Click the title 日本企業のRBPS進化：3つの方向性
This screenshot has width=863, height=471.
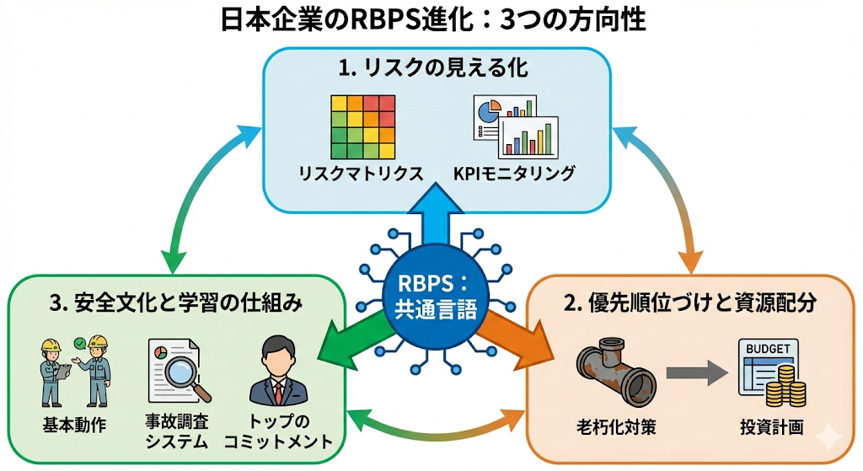pos(431,20)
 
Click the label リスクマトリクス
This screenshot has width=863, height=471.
pos(361,174)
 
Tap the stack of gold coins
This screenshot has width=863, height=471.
pos(786,388)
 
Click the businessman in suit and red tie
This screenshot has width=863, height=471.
pos(279,372)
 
